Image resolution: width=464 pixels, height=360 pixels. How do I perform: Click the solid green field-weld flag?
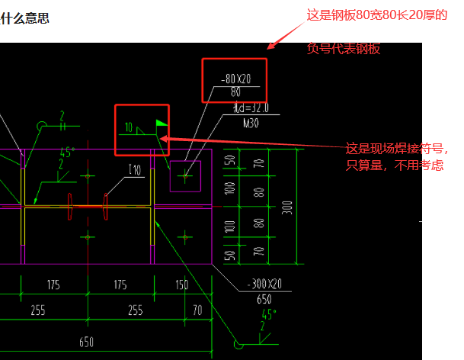coord(161,122)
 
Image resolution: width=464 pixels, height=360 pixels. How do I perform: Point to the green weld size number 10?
coord(129,127)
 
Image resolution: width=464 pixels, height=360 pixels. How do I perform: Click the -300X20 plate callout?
coord(264,284)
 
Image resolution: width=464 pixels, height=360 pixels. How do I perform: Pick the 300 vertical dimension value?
coord(286,207)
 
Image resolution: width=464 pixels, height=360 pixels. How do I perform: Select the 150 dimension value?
coord(182,285)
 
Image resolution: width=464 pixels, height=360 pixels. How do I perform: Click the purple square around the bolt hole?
coord(185,175)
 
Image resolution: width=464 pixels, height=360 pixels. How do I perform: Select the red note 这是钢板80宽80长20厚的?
coord(376,14)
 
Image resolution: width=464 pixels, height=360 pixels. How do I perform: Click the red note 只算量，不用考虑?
coord(395,165)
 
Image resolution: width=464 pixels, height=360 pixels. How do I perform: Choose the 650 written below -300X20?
coord(264,300)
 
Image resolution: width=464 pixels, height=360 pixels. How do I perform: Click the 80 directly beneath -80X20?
coord(235,92)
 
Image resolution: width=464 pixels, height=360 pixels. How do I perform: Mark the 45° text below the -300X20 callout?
coord(267,313)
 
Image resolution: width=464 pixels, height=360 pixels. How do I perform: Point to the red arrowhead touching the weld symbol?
coord(164,139)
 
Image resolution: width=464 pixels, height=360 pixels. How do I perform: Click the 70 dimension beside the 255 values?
coord(197,310)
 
